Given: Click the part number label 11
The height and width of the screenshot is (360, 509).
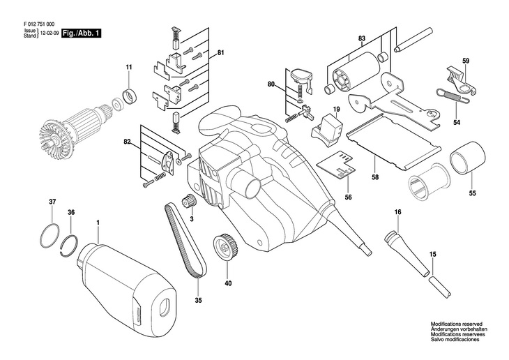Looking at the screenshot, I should click(x=128, y=67).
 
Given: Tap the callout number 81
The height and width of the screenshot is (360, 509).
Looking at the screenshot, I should click(x=220, y=53).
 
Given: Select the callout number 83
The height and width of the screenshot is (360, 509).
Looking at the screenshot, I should click(x=362, y=38).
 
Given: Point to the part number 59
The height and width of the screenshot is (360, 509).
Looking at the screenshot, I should click(x=466, y=61).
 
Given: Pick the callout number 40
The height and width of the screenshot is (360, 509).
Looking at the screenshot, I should click(x=227, y=283).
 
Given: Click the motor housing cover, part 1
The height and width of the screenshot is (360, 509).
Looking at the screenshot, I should click(x=128, y=279).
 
